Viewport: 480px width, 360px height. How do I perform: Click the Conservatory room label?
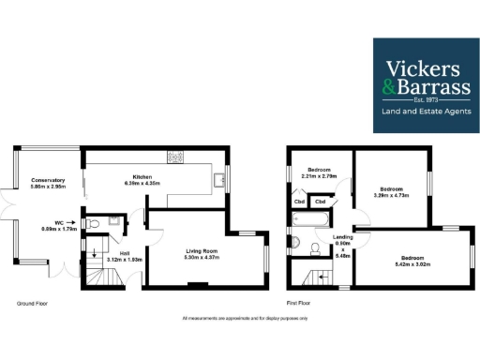click(x=47, y=180)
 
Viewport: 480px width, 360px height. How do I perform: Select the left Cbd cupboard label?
click(x=299, y=202)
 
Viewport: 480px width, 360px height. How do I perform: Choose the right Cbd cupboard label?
click(x=320, y=202)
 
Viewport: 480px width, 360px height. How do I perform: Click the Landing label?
click(x=343, y=237)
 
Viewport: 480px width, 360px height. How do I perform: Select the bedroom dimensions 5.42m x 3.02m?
click(x=413, y=262)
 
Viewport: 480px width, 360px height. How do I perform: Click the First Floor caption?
click(x=298, y=303)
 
